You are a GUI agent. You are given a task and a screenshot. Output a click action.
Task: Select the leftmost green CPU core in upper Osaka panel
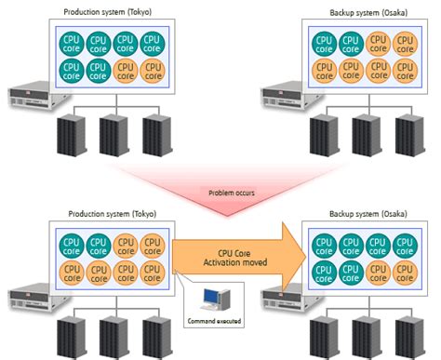click(x=324, y=42)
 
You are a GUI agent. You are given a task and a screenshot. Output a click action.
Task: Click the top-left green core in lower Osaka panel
click(x=324, y=245)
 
